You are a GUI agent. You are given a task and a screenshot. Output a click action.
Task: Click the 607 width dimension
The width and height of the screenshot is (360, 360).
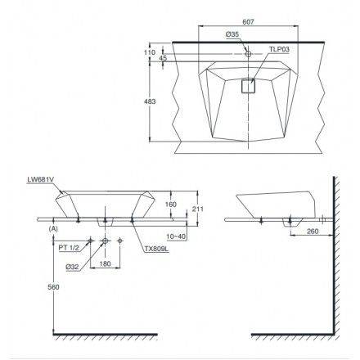pyautogui.click(x=248, y=22)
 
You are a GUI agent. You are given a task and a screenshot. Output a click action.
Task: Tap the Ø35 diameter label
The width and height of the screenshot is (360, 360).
pyautogui.click(x=232, y=34)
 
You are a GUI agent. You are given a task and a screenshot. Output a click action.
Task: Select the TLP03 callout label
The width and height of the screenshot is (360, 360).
pyautogui.click(x=279, y=49)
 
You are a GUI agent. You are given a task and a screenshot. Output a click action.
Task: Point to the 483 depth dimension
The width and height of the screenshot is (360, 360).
pyautogui.click(x=150, y=101)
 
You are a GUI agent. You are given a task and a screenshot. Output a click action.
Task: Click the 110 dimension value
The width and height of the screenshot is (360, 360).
pyautogui.click(x=150, y=52)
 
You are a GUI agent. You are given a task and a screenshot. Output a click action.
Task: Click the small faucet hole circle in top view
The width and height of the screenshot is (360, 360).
pyautogui.click(x=248, y=54)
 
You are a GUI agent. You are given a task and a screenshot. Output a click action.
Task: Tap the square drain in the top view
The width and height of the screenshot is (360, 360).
pyautogui.click(x=248, y=86)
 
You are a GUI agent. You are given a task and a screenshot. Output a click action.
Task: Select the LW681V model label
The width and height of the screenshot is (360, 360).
pyautogui.click(x=40, y=179)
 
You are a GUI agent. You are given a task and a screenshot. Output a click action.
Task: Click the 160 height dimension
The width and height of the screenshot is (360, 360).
pyautogui.click(x=171, y=205)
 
